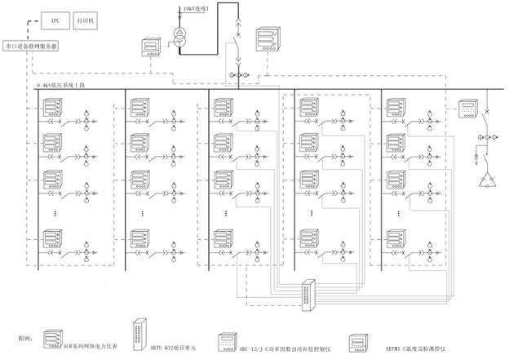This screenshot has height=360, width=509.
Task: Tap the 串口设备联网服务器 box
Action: [x=32, y=46]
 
